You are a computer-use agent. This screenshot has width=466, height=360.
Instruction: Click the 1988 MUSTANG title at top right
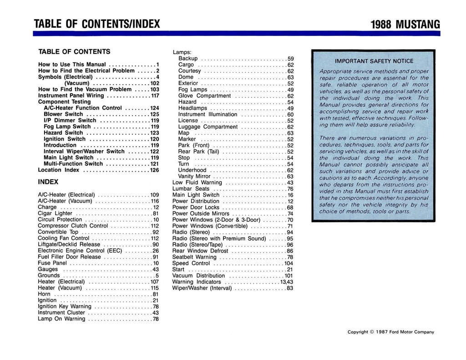click(x=405, y=24)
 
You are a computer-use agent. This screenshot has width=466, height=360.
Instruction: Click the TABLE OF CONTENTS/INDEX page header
click(x=97, y=24)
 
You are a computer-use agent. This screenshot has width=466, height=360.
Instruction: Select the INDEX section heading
click(x=48, y=182)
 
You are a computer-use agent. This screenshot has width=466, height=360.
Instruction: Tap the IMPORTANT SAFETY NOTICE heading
click(x=374, y=61)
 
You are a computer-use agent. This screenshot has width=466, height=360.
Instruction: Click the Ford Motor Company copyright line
click(x=390, y=332)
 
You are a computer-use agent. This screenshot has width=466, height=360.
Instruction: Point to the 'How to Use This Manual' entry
click(x=72, y=65)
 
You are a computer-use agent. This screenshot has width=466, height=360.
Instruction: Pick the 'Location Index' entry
click(x=59, y=170)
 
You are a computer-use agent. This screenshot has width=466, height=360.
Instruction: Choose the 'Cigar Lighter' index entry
click(x=55, y=213)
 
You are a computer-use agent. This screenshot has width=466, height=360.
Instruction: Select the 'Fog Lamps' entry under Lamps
click(x=193, y=90)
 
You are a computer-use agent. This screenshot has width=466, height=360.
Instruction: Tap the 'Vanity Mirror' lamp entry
click(x=194, y=176)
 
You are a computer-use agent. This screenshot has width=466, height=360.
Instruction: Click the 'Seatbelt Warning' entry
click(x=194, y=257)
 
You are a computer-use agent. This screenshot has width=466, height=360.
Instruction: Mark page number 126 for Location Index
click(x=154, y=170)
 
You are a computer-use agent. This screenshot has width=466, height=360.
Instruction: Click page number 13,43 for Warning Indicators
click(x=287, y=282)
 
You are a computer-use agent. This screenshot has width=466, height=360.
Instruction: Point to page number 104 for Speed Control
click(x=289, y=263)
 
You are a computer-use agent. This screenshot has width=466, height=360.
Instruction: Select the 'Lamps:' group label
click(x=182, y=52)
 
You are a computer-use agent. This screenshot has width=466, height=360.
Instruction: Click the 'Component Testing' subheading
click(x=64, y=102)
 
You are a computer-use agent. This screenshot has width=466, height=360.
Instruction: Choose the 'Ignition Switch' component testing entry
click(x=64, y=139)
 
